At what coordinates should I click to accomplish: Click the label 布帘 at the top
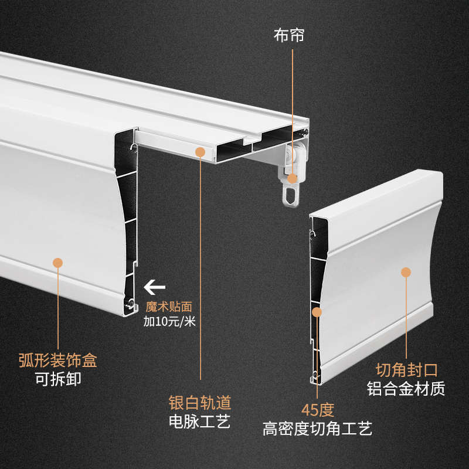[289, 35]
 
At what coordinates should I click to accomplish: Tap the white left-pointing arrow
[154, 287]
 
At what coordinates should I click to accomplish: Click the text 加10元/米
[169, 321]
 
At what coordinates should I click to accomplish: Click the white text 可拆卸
[57, 379]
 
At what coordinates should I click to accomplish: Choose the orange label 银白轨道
[200, 403]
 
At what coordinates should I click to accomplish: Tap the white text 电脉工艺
[200, 421]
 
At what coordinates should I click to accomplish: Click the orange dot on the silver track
[200, 152]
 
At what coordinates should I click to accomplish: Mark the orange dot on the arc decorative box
[57, 263]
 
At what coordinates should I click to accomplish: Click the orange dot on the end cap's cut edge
[317, 312]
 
